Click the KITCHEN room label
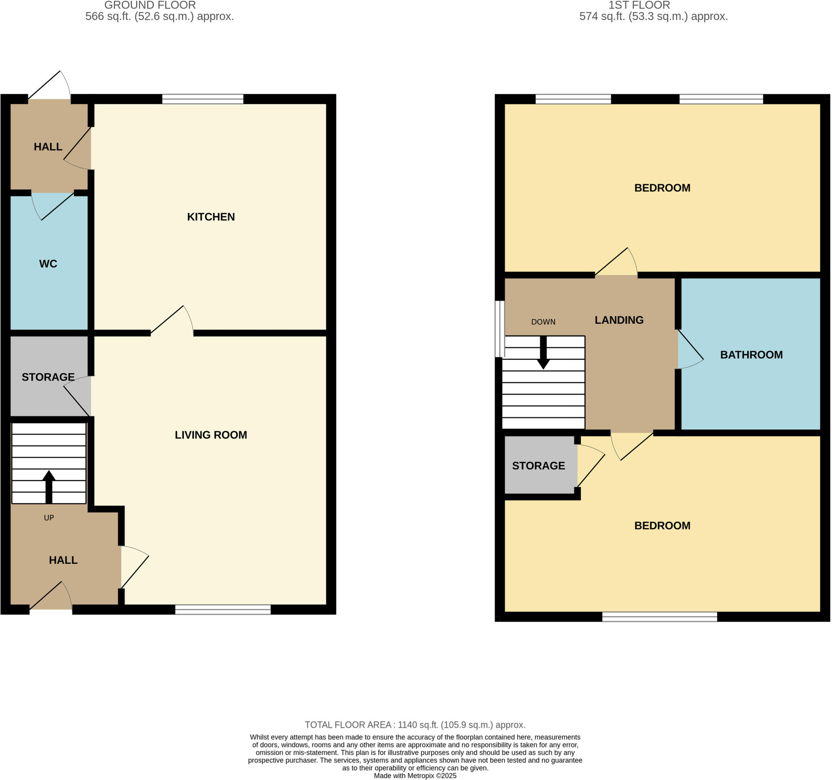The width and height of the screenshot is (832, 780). click(210, 217)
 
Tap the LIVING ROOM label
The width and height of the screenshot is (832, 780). click(210, 435)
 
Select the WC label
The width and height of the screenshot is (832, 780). click(48, 264)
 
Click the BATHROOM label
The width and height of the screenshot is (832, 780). click(751, 355)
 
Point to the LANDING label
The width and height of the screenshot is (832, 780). click(619, 320)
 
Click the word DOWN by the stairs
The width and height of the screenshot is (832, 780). click(543, 322)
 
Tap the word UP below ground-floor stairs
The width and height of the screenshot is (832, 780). click(49, 518)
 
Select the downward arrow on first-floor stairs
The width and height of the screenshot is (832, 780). click(543, 352)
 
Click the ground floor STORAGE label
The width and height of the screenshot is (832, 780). click(48, 377)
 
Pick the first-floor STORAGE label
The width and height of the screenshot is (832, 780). click(538, 466)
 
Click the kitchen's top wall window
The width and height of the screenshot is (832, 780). click(203, 99)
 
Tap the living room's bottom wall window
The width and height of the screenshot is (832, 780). click(223, 610)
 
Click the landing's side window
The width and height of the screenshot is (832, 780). click(499, 329)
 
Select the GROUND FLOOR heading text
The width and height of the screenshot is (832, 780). click(150, 5)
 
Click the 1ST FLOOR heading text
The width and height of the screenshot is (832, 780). click(639, 5)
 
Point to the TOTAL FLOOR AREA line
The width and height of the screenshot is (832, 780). click(415, 725)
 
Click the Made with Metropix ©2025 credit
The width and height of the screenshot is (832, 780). click(415, 776)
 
